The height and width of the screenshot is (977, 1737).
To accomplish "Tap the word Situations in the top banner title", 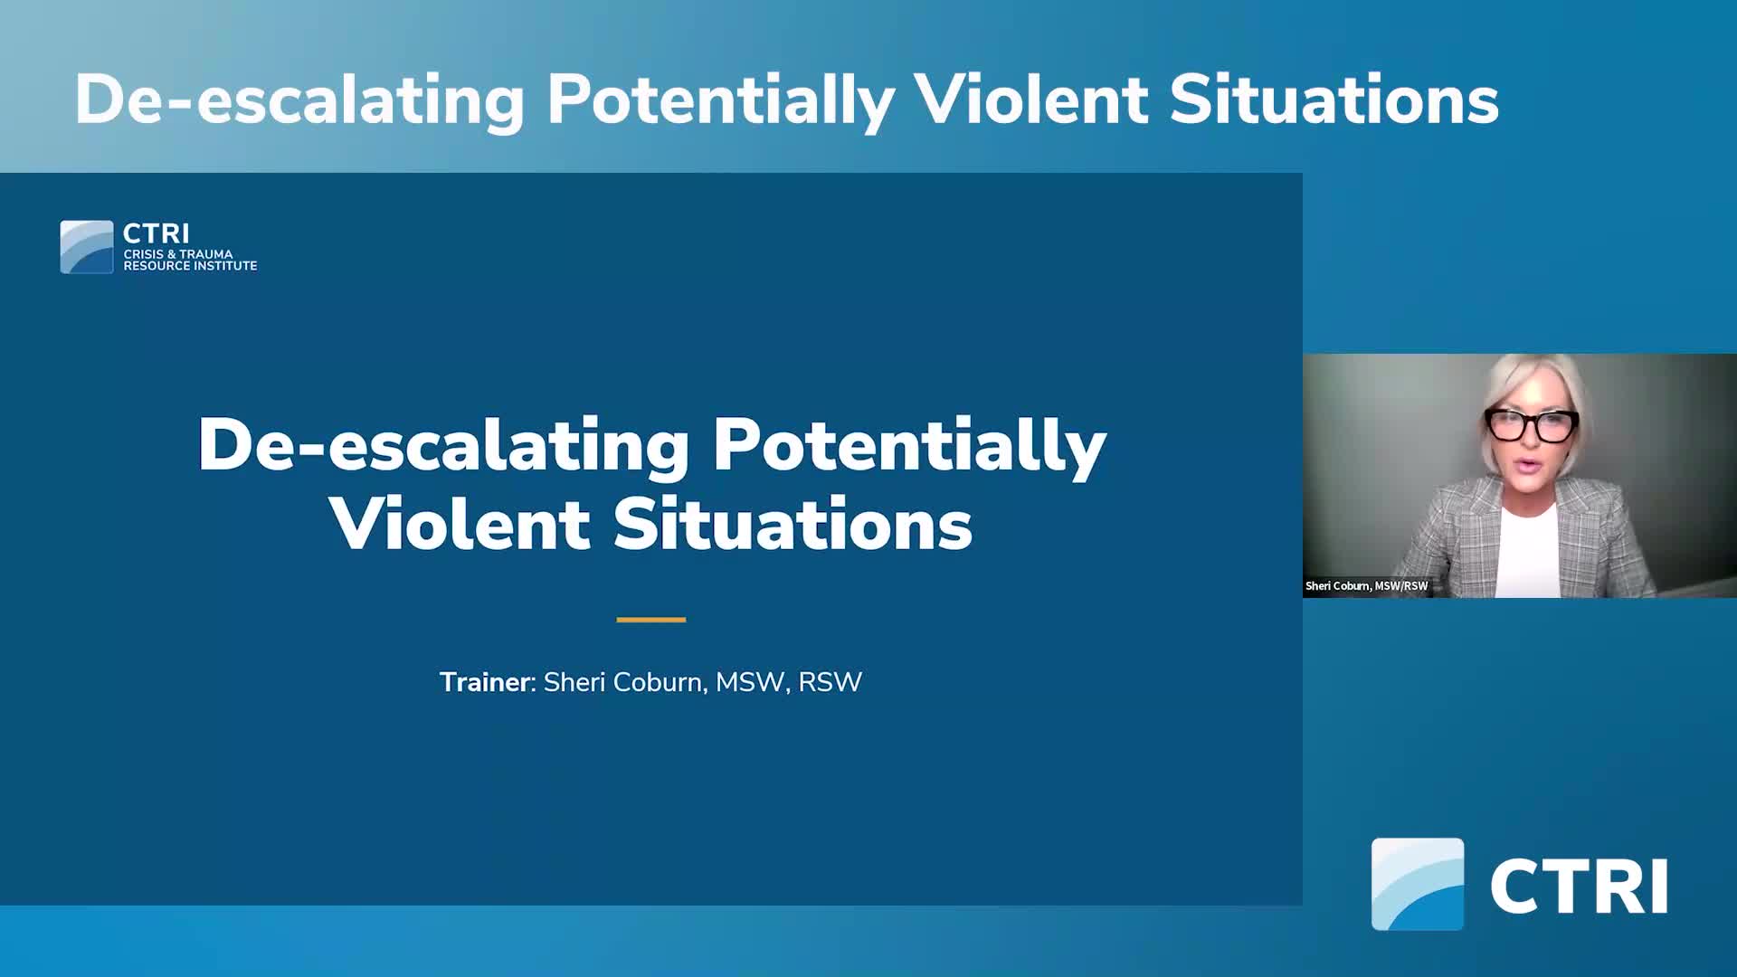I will tap(1334, 100).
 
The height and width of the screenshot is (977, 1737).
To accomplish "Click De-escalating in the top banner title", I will tap(299, 100).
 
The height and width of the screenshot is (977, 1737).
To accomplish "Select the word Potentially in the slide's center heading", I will tap(909, 446).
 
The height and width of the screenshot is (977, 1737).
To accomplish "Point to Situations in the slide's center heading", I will tap(793, 525).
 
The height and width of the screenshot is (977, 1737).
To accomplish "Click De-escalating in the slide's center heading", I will tap(443, 446).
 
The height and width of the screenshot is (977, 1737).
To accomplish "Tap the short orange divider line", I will tap(650, 620).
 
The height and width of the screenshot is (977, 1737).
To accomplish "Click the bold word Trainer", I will tap(484, 682).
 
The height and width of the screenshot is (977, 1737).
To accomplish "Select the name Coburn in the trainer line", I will tap(659, 682).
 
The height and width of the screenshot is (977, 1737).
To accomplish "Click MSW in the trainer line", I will tap(749, 682).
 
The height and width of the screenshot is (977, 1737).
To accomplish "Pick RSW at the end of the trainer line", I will tap(830, 682).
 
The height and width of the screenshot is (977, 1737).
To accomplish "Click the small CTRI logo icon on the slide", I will tap(87, 247).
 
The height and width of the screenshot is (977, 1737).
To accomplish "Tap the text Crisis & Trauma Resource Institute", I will tap(190, 261).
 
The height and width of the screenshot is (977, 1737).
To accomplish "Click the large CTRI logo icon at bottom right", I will tap(1417, 884).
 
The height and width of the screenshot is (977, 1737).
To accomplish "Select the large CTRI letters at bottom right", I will tap(1579, 887).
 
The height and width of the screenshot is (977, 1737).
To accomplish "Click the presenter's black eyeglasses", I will tap(1531, 425).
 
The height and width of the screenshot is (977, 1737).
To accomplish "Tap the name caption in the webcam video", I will tap(1366, 586).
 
